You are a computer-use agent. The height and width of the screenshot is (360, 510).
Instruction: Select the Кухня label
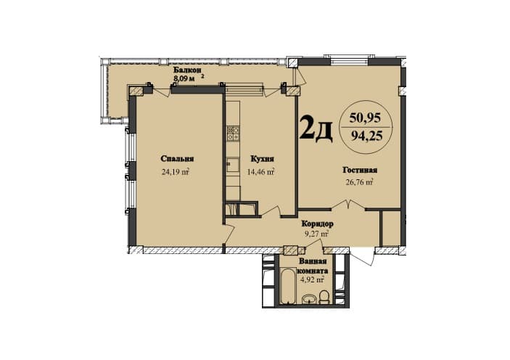click(261, 159)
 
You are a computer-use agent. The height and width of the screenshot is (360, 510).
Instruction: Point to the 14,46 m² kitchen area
click(261, 172)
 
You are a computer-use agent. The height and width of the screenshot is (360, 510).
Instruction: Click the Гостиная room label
click(360, 170)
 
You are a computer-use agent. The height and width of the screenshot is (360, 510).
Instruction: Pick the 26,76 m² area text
click(358, 182)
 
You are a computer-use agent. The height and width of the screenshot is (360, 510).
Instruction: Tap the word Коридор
click(317, 224)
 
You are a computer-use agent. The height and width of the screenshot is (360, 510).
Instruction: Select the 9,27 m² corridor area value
click(316, 234)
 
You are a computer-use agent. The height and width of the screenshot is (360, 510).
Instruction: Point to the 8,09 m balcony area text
click(185, 78)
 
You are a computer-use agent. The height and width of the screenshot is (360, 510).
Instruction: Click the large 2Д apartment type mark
click(316, 128)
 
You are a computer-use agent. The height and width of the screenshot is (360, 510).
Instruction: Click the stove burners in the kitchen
click(233, 134)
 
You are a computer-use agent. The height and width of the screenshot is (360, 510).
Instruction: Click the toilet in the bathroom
click(325, 296)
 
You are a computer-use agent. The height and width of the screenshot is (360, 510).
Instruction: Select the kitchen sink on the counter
click(232, 164)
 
